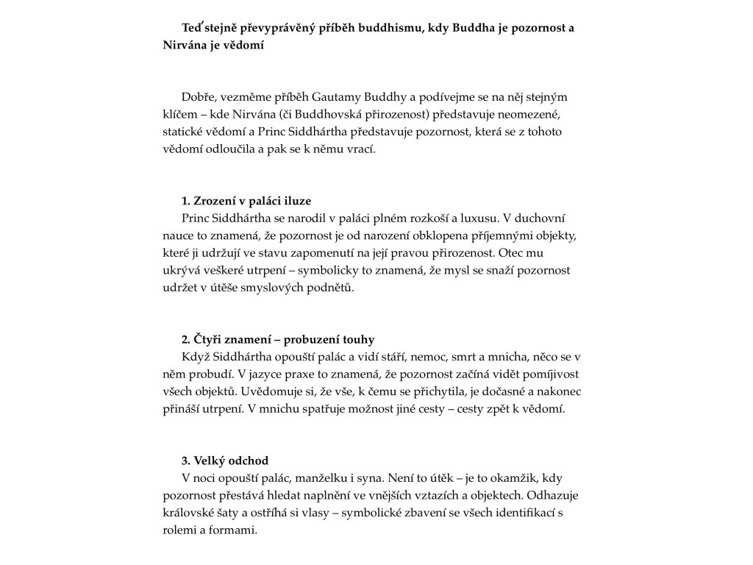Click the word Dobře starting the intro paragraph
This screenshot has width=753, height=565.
tap(196, 97)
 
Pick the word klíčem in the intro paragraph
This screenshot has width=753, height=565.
tap(180, 114)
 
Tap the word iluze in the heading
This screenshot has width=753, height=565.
tap(307, 201)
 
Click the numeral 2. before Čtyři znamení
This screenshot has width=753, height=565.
tap(186, 339)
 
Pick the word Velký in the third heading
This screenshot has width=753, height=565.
tap(210, 461)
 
